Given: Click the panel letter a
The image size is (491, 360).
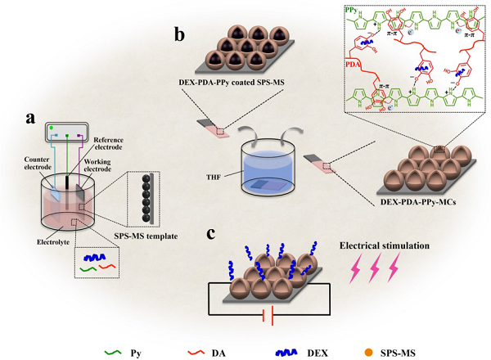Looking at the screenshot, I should pos(32,118).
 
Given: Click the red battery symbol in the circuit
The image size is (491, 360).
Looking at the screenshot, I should pos(266,317).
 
